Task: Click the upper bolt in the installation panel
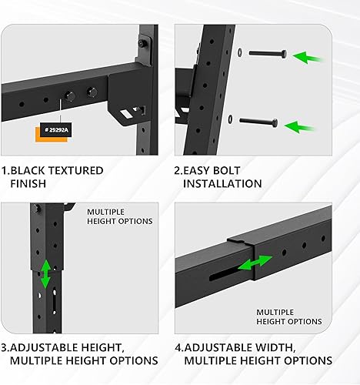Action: click(x=265, y=55)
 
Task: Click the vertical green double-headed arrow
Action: click(x=45, y=274)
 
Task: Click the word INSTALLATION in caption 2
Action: click(x=222, y=184)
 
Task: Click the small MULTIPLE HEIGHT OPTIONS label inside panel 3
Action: click(x=119, y=216)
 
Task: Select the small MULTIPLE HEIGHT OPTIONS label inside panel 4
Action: click(x=288, y=316)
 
